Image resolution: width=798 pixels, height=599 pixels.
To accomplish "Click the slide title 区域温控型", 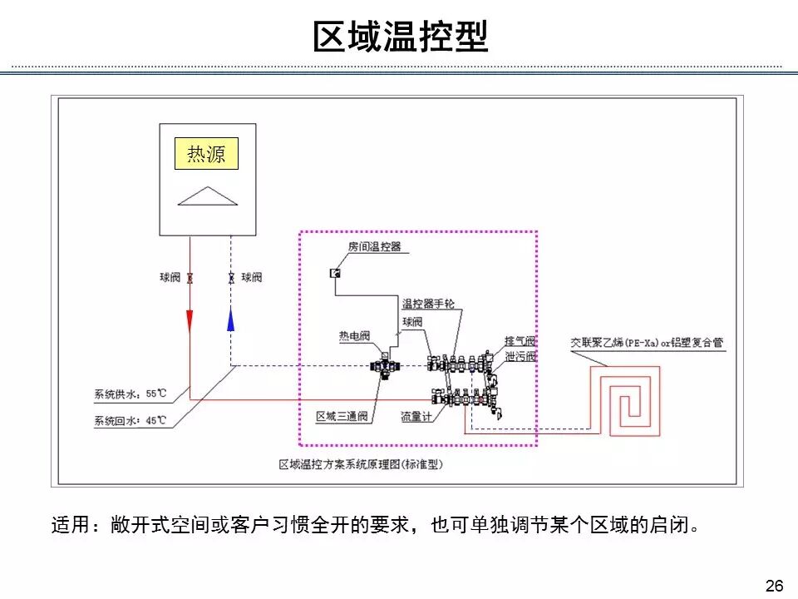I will pyautogui.click(x=400, y=37).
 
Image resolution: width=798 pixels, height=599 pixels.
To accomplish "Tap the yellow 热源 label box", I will pyautogui.click(x=206, y=154).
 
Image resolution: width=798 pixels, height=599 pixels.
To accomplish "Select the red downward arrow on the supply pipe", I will pyautogui.click(x=190, y=319).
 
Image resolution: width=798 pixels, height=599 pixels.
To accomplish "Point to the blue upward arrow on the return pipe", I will pyautogui.click(x=230, y=319).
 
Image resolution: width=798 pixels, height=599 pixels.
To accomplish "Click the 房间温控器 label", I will pyautogui.click(x=374, y=246).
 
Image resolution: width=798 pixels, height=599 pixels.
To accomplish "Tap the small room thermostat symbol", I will pyautogui.click(x=335, y=273).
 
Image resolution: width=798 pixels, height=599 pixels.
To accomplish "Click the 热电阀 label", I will pyautogui.click(x=354, y=336).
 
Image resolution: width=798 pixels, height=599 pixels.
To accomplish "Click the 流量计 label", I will pyautogui.click(x=416, y=416).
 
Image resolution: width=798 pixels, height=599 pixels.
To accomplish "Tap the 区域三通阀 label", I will pyautogui.click(x=342, y=416).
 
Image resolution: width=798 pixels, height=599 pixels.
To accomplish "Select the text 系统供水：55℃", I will pyautogui.click(x=130, y=393).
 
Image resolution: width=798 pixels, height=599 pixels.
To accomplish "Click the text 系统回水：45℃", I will pyautogui.click(x=130, y=420).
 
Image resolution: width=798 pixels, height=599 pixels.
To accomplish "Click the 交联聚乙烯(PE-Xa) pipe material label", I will pyautogui.click(x=647, y=342).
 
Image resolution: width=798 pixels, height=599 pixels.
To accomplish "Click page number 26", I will pyautogui.click(x=774, y=586).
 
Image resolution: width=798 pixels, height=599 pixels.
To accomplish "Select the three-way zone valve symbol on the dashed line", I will pyautogui.click(x=384, y=366).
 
